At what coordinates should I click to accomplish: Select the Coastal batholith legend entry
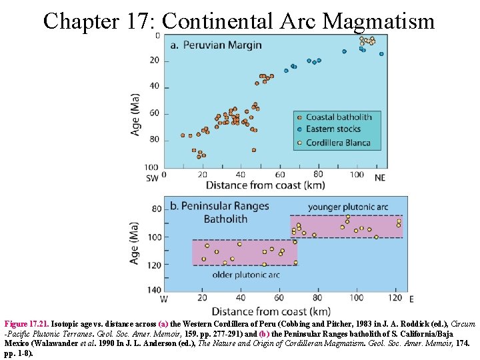[338, 117]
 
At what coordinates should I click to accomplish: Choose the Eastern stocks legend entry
[333, 129]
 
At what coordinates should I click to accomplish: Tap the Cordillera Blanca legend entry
[339, 142]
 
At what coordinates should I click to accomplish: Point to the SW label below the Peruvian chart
[152, 178]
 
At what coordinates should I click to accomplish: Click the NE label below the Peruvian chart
[379, 178]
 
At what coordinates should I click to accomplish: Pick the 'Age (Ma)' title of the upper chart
[136, 114]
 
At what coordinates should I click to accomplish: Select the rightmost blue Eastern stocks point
[381, 54]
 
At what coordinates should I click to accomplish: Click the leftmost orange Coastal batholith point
[183, 135]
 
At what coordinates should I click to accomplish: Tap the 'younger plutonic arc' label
[347, 207]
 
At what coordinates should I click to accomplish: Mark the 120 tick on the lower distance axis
[395, 298]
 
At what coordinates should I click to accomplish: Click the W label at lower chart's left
[164, 299]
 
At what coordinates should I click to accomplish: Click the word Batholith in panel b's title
[225, 219]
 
